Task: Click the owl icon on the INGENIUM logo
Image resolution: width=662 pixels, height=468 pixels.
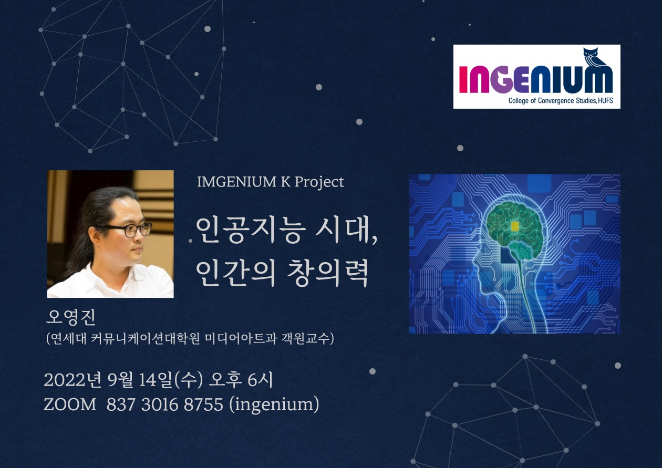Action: click(594, 59)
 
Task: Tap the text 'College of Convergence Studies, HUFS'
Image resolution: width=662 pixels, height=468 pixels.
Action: click(561, 101)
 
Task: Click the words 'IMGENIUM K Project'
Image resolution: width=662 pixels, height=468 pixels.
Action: click(271, 182)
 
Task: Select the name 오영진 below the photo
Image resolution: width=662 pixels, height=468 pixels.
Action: click(71, 317)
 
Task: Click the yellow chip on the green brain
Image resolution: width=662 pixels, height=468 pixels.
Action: click(515, 226)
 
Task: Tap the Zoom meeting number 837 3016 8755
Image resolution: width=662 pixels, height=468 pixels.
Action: click(164, 404)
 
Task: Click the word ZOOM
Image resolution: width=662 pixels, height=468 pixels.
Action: click(70, 404)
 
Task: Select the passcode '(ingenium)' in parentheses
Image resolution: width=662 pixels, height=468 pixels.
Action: click(274, 405)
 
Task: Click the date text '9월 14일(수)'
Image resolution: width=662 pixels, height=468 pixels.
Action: click(155, 380)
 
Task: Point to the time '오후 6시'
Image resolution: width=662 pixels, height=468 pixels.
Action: click(241, 380)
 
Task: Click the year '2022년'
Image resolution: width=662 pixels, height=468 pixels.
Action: click(73, 380)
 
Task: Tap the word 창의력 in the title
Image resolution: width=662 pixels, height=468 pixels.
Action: click(328, 273)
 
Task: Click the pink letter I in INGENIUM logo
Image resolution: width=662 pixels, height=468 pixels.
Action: click(464, 80)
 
